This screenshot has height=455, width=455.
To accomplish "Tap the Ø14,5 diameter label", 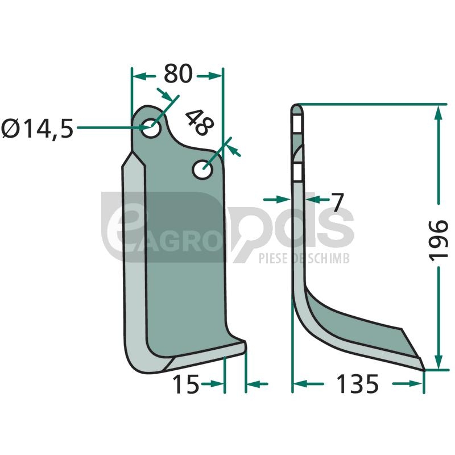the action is click(37, 129).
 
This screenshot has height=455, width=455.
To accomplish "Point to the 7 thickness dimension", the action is click(337, 202).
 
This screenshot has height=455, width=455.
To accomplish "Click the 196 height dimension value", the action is click(438, 241).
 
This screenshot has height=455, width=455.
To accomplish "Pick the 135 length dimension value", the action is click(357, 384).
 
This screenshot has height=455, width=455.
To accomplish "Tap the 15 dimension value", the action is click(186, 384).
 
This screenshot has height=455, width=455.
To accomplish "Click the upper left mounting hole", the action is click(151, 129).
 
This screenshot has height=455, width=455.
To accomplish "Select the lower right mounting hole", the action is click(202, 169).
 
